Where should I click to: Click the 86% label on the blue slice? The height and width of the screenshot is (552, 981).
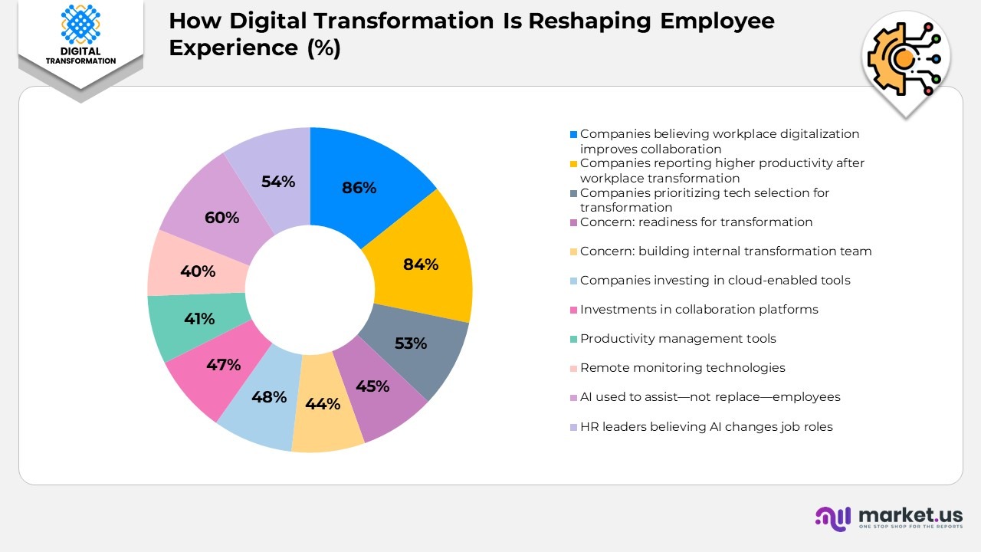click(x=359, y=188)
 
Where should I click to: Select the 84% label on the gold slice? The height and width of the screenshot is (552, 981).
click(x=421, y=264)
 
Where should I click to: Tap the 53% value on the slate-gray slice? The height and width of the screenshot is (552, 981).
click(x=410, y=343)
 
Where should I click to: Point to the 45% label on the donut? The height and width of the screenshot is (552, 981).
click(x=372, y=386)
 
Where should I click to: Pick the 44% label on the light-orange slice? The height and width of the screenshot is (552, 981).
click(x=323, y=403)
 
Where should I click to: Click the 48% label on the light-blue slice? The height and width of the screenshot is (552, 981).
click(x=269, y=397)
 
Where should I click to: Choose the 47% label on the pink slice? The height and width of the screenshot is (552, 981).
click(x=224, y=365)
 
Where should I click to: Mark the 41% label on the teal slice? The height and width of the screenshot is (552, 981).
click(x=199, y=319)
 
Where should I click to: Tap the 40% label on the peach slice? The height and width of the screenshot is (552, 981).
click(x=198, y=271)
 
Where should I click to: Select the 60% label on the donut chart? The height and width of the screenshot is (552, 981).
click(x=222, y=218)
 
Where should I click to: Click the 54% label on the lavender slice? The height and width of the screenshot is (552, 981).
click(x=278, y=182)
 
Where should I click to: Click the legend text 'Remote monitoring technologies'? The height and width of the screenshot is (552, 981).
click(x=682, y=368)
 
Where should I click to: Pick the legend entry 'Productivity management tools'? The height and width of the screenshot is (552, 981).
click(x=678, y=339)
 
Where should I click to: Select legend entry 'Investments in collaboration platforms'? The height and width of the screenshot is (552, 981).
click(x=699, y=310)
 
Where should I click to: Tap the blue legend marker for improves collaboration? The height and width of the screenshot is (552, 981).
click(x=573, y=134)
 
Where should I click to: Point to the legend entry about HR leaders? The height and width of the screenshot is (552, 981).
click(x=706, y=427)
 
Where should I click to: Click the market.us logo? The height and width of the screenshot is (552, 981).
click(x=888, y=517)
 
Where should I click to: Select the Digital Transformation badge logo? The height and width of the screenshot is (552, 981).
click(x=80, y=34)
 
